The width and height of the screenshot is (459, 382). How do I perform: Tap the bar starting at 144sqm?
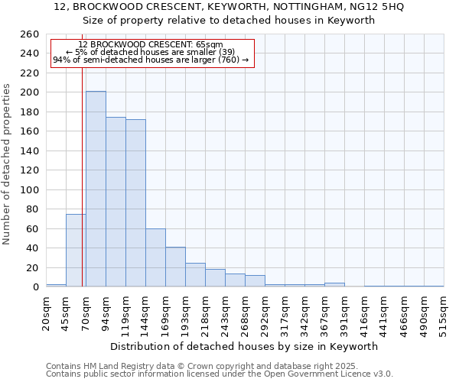155,257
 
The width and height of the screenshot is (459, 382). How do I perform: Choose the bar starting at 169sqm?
175,267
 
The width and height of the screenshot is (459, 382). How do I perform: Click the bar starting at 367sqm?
334,285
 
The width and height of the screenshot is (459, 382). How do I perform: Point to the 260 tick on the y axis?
30,34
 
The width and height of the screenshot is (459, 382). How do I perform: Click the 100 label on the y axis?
30,189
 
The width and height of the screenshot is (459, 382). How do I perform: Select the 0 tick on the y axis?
34,287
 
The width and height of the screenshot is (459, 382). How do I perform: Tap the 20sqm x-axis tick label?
47,311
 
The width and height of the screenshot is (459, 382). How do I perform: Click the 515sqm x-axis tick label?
444,311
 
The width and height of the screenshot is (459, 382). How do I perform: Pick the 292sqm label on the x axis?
265,311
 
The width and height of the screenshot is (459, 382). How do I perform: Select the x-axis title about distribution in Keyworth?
244,346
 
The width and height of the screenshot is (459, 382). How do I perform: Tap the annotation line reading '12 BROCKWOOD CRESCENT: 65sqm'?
151,45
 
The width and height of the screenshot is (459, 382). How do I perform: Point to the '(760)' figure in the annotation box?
229,60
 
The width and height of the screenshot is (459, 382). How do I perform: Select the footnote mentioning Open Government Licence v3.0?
220,374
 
